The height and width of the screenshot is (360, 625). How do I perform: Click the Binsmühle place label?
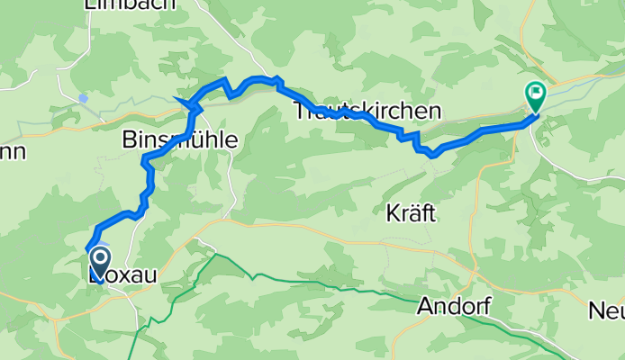pos(180,140)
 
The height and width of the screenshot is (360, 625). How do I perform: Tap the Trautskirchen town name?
pos(368,112)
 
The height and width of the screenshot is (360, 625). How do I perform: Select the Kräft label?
pos(410,214)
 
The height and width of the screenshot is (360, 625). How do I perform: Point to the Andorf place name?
pos(454,307)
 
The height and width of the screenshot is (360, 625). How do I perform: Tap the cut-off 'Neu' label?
pos(606,312)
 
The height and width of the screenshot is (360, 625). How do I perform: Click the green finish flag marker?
pos(536,93)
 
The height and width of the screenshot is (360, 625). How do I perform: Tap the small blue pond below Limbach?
pos(83,99)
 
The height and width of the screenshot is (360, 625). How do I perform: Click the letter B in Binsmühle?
pos(128,140)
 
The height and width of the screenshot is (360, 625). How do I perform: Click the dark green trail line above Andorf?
pos(360,289)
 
